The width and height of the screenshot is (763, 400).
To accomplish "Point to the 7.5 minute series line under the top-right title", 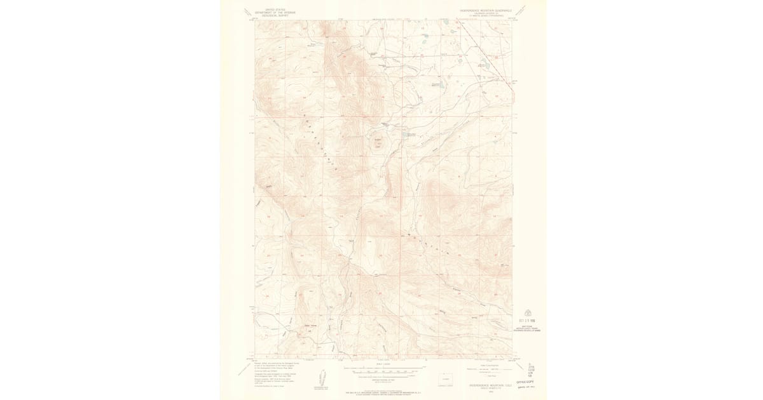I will tap(485, 16).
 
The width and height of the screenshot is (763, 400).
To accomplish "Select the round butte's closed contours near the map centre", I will tap(380, 143).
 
